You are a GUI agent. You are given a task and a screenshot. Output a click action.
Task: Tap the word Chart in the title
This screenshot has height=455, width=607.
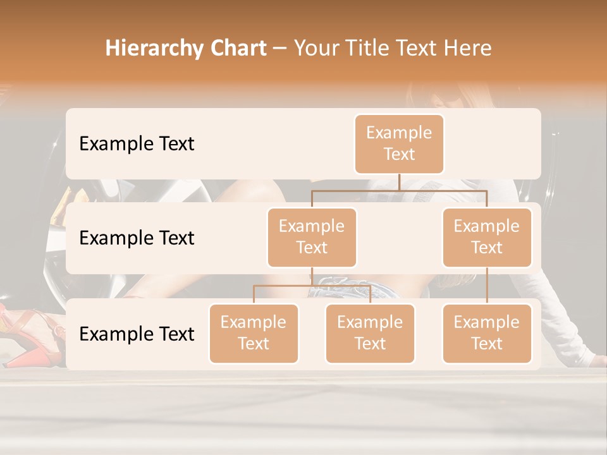click(235, 49)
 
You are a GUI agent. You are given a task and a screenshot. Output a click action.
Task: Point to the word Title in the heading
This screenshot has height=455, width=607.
click(374, 49)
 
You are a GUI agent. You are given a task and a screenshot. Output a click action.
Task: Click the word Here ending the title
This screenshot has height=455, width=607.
click(467, 49)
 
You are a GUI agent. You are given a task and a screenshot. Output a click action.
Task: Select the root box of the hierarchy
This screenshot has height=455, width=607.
click(399, 143)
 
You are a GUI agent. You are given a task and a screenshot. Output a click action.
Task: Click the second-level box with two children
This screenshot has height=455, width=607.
click(312, 237)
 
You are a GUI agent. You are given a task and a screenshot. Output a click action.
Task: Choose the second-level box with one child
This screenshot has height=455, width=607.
click(487, 237)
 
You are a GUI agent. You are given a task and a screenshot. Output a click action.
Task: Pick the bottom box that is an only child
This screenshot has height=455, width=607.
click(487, 333)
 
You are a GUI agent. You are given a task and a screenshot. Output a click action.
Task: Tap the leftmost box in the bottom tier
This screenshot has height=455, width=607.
click(254, 333)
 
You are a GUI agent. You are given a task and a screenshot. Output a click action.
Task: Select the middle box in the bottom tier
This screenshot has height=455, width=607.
click(370, 333)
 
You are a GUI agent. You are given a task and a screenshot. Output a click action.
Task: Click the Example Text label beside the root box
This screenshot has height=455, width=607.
click(137, 143)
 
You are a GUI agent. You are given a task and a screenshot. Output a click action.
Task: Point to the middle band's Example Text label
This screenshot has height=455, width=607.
click(137, 238)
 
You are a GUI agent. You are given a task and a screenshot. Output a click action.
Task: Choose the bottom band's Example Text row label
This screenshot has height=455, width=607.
click(137, 334)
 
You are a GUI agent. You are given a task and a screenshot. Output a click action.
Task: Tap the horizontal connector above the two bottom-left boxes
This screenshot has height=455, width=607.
click(312, 286)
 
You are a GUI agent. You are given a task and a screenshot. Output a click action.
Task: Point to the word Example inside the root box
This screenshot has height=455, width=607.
click(399, 133)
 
